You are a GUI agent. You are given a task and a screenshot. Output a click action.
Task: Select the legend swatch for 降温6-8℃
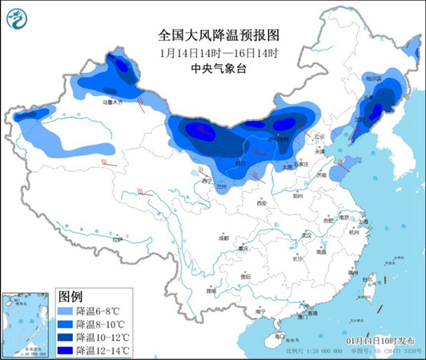[64, 310]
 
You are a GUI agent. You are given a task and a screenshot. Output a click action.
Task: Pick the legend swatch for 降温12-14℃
[64, 350]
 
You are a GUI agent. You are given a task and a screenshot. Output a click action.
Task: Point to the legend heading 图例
[70, 296]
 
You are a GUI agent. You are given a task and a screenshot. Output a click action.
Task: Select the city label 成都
[222, 238]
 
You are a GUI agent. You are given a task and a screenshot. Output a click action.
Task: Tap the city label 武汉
[303, 234]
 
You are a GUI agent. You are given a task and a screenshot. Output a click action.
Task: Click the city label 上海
[364, 222]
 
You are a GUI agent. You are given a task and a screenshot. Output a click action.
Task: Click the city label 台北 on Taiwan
[372, 278]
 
